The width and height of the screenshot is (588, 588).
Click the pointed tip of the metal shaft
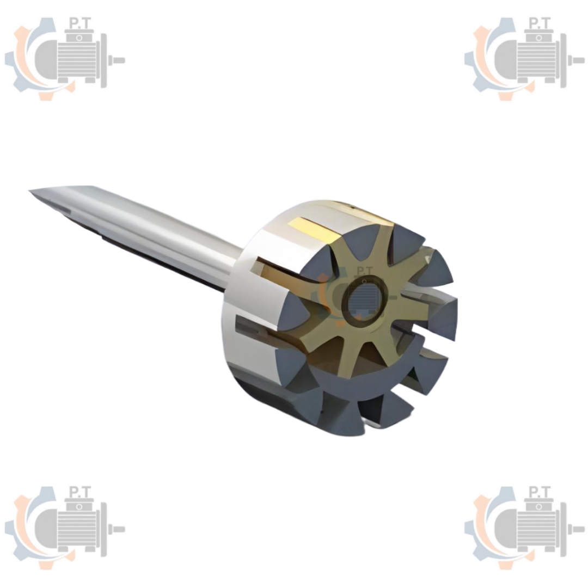pos(30,192)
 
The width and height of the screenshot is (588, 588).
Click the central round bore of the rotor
pos(364,301)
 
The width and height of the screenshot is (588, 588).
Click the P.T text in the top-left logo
pos(80,23)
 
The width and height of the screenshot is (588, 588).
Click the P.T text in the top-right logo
pos(540,23)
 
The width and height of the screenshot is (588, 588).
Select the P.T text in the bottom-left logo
pos(80,492)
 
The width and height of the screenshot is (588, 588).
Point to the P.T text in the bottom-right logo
pos(540,492)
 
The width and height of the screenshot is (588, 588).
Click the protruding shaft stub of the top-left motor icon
pos(117,60)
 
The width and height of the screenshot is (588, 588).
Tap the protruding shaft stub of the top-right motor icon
pos(577,60)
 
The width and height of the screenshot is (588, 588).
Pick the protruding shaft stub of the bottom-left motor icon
pos(117,529)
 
